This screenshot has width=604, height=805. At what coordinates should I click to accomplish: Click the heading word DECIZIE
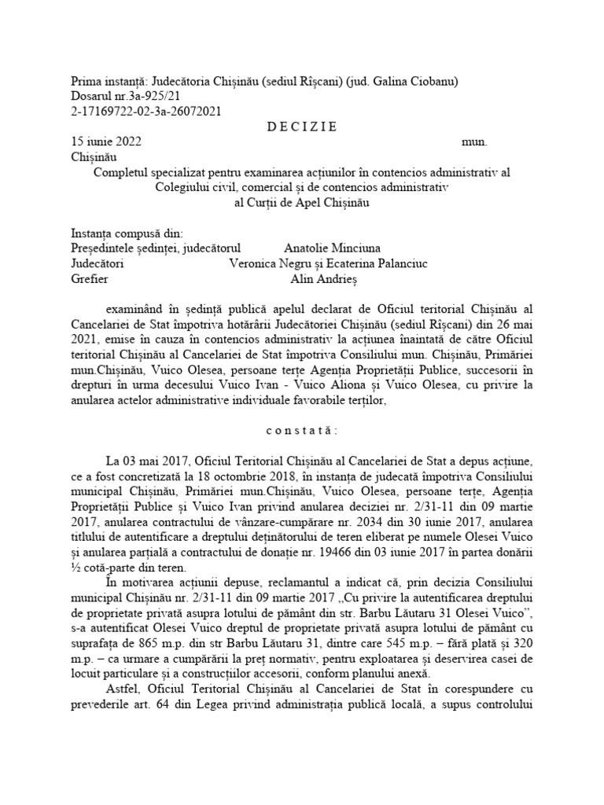coord(302,127)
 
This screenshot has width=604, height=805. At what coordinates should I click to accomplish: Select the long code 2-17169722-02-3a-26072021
coord(146,112)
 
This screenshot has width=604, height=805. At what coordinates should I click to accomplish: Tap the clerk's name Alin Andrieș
coord(324,278)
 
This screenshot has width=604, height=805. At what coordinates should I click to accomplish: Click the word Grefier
coord(90,278)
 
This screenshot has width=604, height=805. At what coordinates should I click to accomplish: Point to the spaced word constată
coord(301,431)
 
